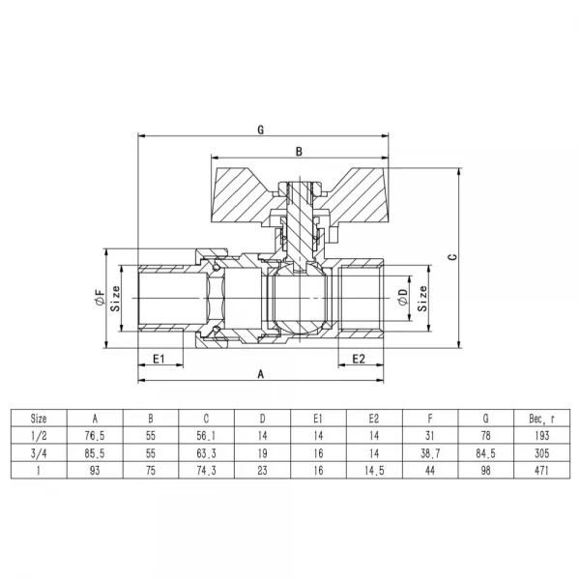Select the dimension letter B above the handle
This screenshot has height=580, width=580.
(x=299, y=152)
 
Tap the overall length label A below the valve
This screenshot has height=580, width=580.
(x=260, y=372)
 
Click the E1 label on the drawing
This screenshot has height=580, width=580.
(x=160, y=359)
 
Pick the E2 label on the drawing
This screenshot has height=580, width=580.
(x=357, y=359)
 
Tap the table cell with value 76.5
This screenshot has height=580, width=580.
(x=95, y=436)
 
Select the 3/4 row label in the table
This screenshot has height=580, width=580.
(x=39, y=452)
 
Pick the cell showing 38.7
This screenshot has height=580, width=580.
(x=429, y=452)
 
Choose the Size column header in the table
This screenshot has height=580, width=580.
(x=39, y=420)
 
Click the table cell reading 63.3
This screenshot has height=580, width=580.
(x=206, y=452)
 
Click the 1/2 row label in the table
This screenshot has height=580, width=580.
(x=39, y=436)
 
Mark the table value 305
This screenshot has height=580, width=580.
(x=540, y=452)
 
